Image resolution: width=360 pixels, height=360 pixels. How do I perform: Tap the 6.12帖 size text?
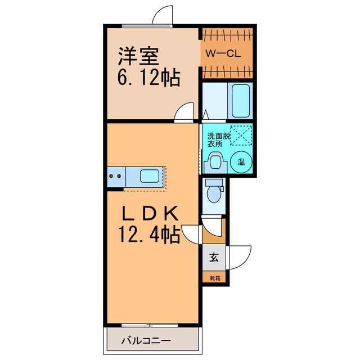(148, 78)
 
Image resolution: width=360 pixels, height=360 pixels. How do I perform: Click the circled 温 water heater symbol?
(240, 162)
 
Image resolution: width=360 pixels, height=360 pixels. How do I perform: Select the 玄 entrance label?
(214, 258)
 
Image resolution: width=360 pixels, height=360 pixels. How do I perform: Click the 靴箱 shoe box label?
(214, 278)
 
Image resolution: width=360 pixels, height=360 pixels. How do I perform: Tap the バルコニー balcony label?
(146, 341)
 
